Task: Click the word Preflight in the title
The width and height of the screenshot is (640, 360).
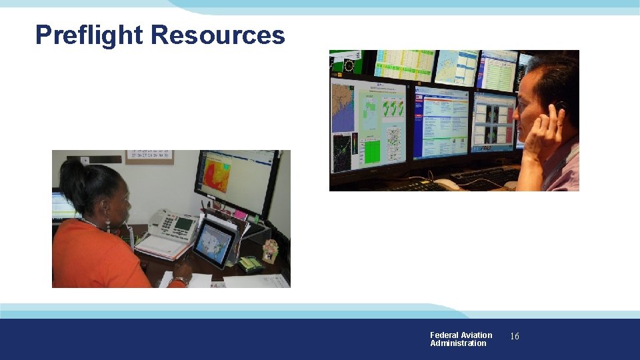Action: pos(89,35)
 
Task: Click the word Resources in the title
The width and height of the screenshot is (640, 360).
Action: pos(218,35)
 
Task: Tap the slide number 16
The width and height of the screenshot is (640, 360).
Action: pos(514,337)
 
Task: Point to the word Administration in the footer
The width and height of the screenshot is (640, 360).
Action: pos(458,343)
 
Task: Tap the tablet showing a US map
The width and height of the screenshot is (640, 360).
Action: pos(214,244)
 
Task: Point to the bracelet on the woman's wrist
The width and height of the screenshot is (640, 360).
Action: pos(179,280)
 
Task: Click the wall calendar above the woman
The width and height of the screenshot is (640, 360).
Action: pos(149,157)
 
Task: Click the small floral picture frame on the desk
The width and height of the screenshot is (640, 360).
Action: pos(270,251)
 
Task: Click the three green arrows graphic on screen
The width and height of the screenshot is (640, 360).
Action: pos(393,107)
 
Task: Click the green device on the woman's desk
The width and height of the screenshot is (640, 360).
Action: pos(250,264)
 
